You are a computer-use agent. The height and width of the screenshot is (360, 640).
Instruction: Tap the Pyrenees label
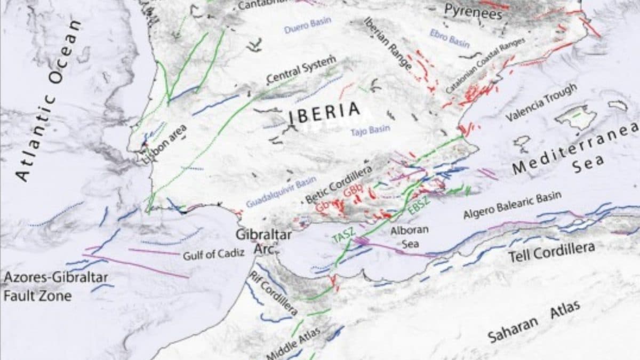473,11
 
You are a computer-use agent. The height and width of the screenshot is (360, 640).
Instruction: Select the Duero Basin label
307,25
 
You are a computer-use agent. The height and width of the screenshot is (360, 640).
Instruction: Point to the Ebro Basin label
450,38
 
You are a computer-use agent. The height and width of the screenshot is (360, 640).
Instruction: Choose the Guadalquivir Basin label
281,192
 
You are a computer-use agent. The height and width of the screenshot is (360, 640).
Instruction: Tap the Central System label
301,69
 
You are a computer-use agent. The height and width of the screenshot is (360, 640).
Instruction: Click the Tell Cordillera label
551,252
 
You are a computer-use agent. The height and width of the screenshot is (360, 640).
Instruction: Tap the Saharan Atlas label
534,322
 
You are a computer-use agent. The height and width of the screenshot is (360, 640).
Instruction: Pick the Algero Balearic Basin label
512,205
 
